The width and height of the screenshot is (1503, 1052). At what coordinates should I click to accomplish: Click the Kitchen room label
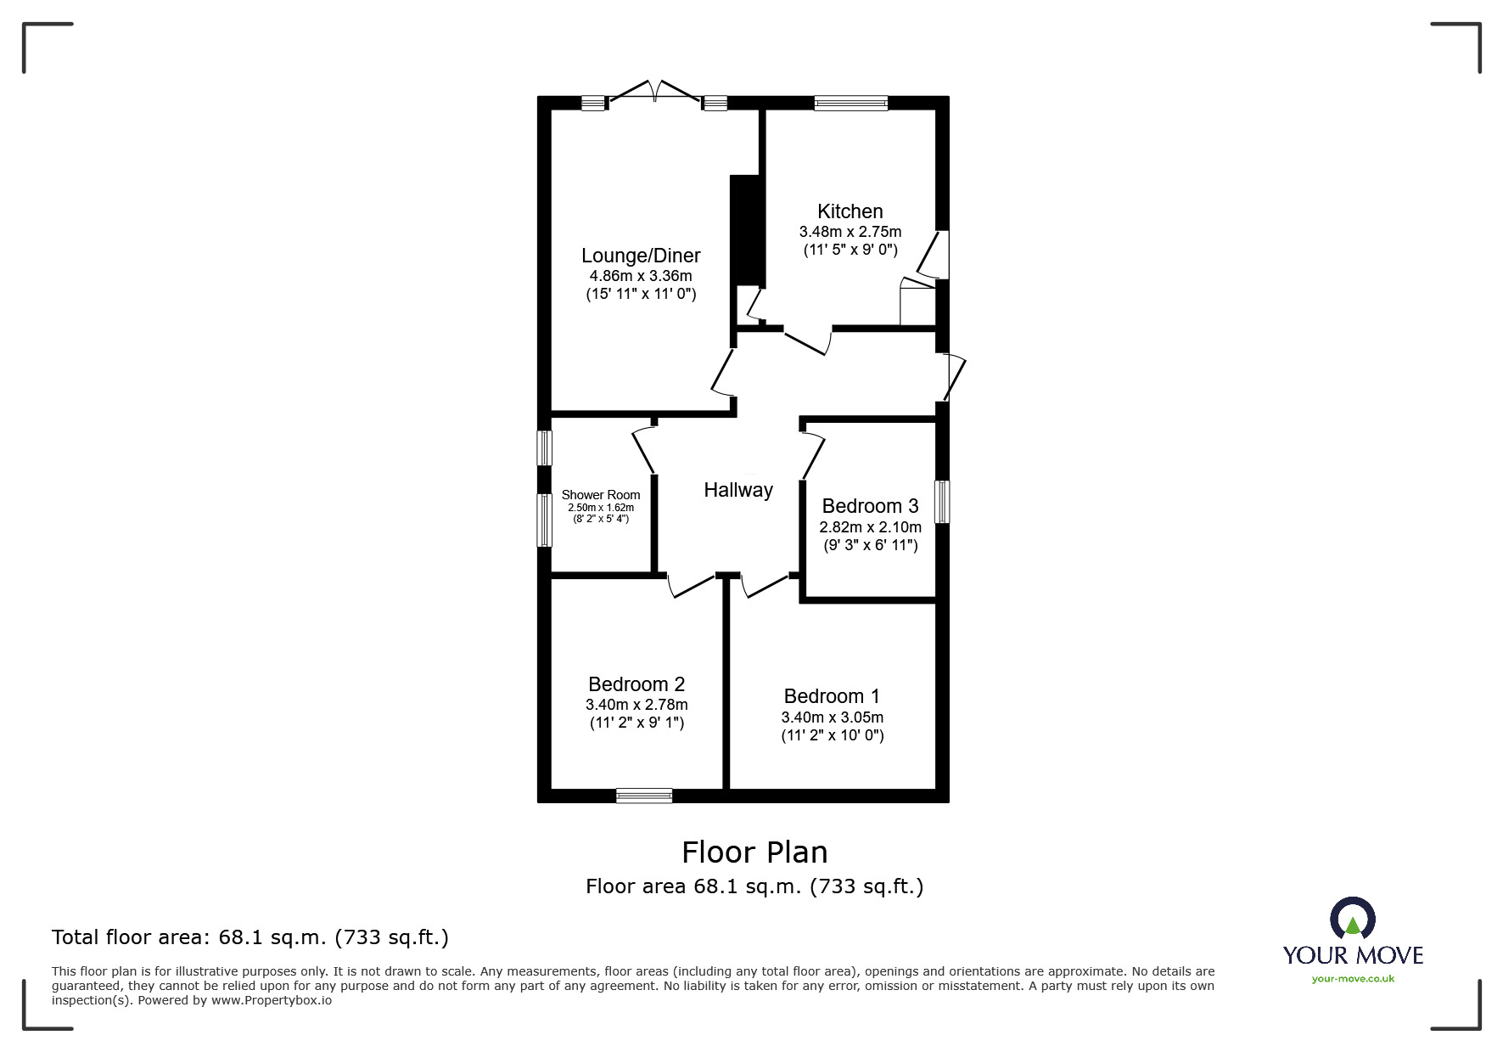click(850, 211)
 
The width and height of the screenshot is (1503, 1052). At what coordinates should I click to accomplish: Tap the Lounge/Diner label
click(641, 256)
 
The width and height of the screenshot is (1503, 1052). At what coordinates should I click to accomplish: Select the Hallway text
click(738, 490)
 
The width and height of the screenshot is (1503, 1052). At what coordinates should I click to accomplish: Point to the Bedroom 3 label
click(870, 506)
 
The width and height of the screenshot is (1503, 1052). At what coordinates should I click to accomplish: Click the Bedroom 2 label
click(637, 684)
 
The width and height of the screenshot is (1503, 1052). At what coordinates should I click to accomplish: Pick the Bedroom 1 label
click(832, 696)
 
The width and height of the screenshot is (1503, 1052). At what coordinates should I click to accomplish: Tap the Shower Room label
click(601, 495)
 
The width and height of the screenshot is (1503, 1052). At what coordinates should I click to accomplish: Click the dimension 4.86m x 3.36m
click(641, 276)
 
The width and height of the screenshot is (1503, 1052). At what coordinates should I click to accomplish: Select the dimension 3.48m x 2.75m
click(850, 232)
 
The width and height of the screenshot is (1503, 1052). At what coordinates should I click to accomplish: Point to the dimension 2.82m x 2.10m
click(870, 526)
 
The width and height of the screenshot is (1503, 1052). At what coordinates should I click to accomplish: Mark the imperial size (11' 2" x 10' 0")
click(833, 735)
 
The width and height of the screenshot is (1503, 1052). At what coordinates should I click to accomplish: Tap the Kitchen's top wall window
click(850, 103)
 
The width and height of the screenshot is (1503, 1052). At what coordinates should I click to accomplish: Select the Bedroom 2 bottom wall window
click(644, 796)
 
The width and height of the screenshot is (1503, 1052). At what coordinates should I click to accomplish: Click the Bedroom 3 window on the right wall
click(942, 502)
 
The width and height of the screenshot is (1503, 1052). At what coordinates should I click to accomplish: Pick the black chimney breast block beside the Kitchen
click(746, 230)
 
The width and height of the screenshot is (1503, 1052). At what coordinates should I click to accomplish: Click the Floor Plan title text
click(754, 852)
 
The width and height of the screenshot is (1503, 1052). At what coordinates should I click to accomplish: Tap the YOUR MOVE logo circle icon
click(1352, 919)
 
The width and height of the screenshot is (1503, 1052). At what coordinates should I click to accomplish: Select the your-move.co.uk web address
click(1353, 978)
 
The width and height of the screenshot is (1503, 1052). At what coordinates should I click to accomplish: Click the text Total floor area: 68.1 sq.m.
click(250, 937)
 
